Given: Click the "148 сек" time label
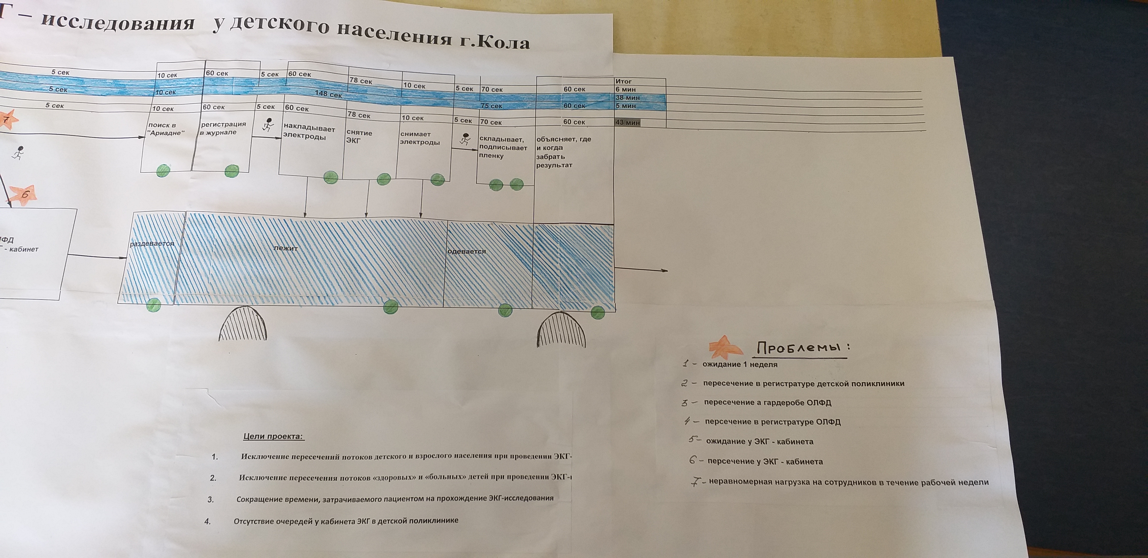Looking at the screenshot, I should pyautogui.click(x=328, y=94).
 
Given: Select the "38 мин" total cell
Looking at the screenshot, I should pyautogui.click(x=628, y=98).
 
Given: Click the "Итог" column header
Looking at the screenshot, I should pyautogui.click(x=624, y=81).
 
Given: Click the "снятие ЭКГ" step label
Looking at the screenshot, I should pyautogui.click(x=359, y=137).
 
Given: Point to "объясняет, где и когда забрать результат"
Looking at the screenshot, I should pyautogui.click(x=563, y=152).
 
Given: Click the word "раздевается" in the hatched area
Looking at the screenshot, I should pyautogui.click(x=151, y=244).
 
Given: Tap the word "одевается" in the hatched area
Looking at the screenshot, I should pyautogui.click(x=466, y=251).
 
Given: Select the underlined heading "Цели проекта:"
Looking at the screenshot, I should pyautogui.click(x=274, y=436).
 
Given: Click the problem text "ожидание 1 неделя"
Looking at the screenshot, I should pyautogui.click(x=740, y=365).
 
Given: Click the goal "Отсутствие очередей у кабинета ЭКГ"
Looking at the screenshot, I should pyautogui.click(x=346, y=521).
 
